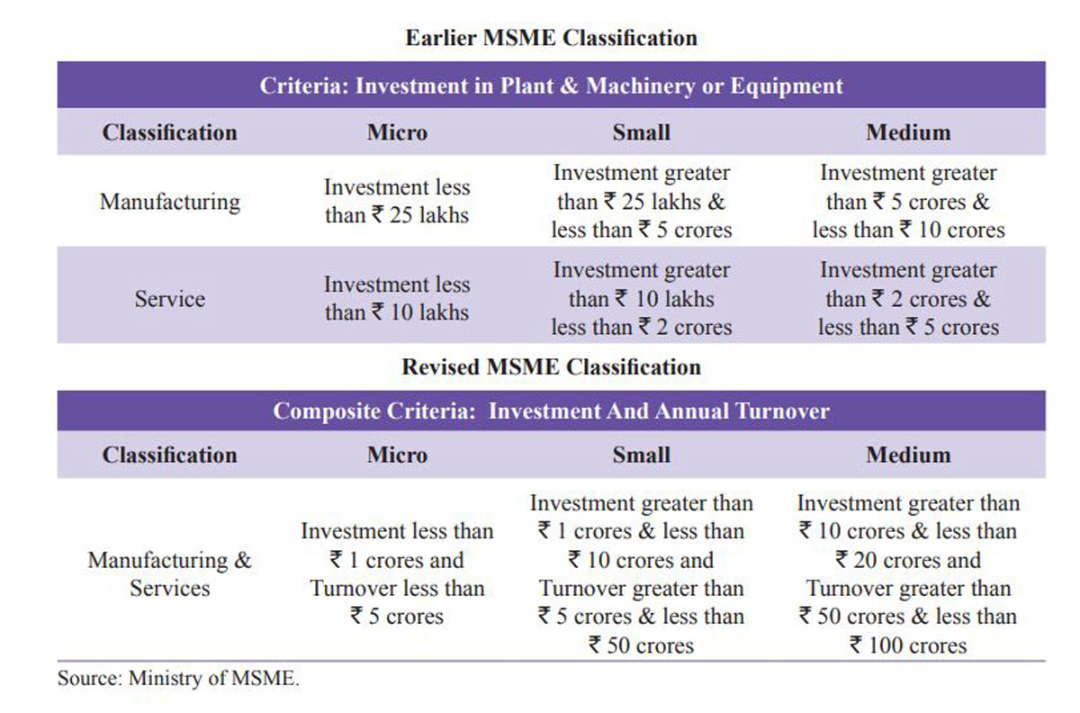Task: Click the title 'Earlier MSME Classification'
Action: tap(551, 38)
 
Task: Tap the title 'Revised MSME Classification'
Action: tap(551, 367)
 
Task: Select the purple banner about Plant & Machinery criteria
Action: tap(551, 86)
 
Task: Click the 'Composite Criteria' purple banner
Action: tap(551, 411)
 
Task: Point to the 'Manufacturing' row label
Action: tap(169, 201)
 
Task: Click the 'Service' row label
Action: tap(169, 298)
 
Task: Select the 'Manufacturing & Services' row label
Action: tap(169, 573)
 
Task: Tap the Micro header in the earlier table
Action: tap(397, 132)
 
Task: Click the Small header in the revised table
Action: tap(641, 455)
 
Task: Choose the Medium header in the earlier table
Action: tap(907, 132)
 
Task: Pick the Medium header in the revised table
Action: tap(907, 455)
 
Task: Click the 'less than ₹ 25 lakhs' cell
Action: tap(397, 202)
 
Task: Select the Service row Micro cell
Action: tap(397, 298)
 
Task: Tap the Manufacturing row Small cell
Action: tap(641, 201)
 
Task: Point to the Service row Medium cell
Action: tap(907, 298)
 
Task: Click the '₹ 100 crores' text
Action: tap(907, 645)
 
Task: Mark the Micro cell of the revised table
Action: tap(397, 573)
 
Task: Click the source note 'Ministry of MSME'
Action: tap(178, 679)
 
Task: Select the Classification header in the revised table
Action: tap(169, 455)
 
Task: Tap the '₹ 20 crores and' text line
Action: tap(907, 560)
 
